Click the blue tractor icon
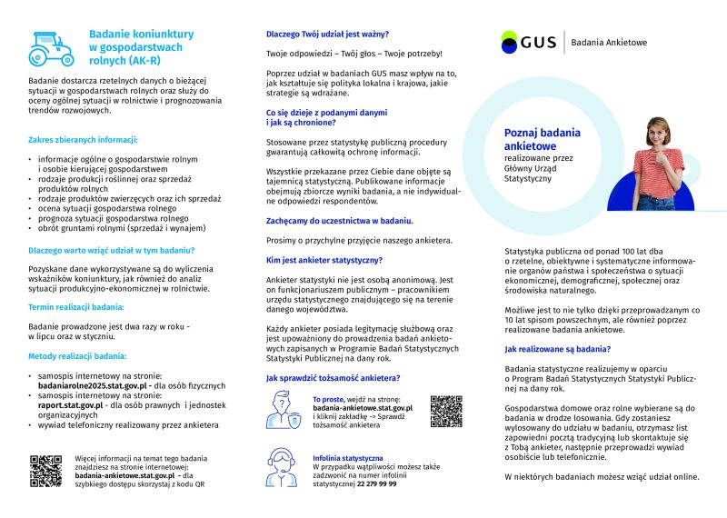point(52,47)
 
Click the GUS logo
point(528,42)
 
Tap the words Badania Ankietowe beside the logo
point(609,42)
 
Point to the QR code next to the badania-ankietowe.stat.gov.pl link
point(446,412)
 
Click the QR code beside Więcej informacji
point(45,470)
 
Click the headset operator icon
point(283,469)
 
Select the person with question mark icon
point(283,410)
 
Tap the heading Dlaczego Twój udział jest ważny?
point(329,35)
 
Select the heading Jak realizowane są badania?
point(557,348)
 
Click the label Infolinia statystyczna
point(347,458)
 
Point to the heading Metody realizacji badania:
point(77,356)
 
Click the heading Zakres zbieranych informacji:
point(83,140)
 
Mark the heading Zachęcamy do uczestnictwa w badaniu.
point(340,220)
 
